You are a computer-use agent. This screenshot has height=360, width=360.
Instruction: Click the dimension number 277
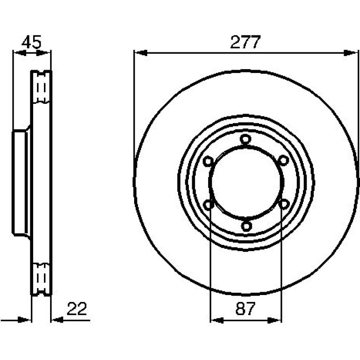pos(245,42)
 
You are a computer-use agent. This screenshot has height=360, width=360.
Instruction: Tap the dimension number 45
pos(31,42)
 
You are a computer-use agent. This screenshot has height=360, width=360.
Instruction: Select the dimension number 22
pos(77,309)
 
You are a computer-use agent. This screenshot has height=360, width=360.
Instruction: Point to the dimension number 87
pos(245,309)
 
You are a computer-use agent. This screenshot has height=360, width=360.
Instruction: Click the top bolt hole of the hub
pos(245,139)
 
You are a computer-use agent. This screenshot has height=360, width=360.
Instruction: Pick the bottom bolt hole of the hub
pos(246,226)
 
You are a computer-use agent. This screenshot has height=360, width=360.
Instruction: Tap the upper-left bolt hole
pos(208,161)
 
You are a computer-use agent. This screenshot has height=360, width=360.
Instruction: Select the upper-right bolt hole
pos(283,160)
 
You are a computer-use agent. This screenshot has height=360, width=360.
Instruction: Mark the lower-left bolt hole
pos(209,205)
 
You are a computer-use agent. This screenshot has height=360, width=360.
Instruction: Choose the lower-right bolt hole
pos(284,204)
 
